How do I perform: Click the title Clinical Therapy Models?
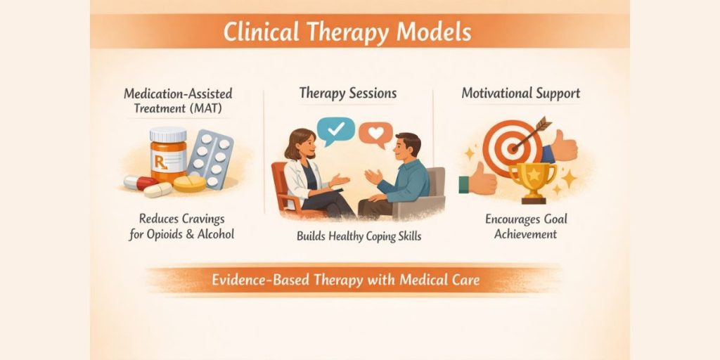(x=347, y=32)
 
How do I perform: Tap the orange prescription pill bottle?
(x=169, y=156)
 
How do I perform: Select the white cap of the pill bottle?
(x=169, y=135)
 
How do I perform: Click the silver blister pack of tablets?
(x=210, y=158)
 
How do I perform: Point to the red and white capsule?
(x=141, y=182)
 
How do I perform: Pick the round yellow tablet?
(x=189, y=184)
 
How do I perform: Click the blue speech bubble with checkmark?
(x=335, y=130)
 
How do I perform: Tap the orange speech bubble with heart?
(x=375, y=134)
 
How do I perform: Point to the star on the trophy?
(x=533, y=175)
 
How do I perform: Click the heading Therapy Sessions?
(x=347, y=94)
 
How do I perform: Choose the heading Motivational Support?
(x=521, y=94)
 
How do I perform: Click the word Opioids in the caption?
(x=165, y=234)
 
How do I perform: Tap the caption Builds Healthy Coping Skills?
(x=359, y=236)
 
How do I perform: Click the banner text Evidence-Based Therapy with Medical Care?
(x=345, y=280)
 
